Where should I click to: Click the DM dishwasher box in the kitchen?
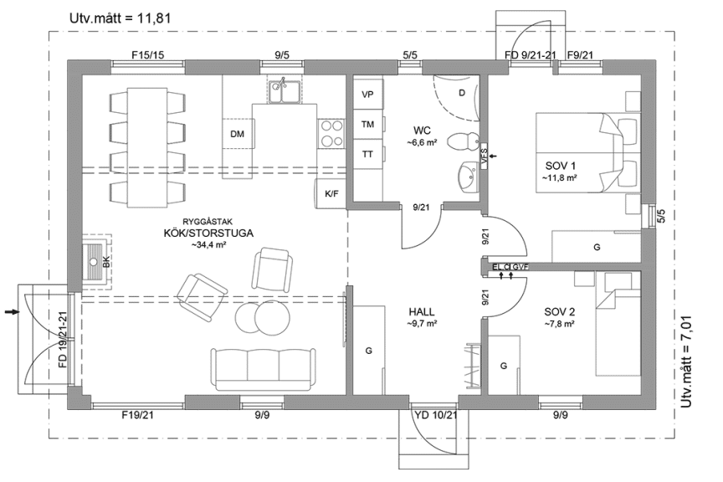point(238,134)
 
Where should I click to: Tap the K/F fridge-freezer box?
point(331,193)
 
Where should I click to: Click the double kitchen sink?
point(285,91)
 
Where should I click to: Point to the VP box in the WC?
point(367,95)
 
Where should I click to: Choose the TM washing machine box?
point(367,124)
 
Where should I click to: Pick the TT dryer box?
point(367,154)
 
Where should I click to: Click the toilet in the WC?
point(459,141)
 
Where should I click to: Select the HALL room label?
point(421,311)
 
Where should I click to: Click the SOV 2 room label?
point(559,312)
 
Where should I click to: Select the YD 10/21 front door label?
point(435,414)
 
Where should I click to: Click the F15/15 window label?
point(147,55)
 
